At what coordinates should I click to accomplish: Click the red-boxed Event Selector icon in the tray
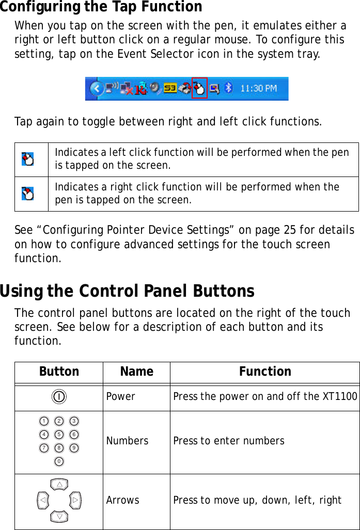click(199, 88)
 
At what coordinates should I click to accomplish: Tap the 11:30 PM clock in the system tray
click(259, 89)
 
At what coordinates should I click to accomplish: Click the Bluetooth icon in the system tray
click(230, 89)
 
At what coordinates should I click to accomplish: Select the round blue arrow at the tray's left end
click(95, 89)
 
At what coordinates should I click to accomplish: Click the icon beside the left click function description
click(28, 159)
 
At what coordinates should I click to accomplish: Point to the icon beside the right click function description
click(28, 194)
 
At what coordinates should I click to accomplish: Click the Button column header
click(59, 372)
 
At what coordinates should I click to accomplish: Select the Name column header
click(136, 372)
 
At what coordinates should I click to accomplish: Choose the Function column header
click(265, 372)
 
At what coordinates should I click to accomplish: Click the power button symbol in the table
click(59, 397)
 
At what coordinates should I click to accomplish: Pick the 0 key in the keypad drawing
click(59, 461)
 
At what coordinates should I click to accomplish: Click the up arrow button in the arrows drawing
click(60, 485)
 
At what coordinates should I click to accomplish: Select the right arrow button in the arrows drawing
click(75, 500)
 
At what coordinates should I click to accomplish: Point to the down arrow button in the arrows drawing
click(60, 516)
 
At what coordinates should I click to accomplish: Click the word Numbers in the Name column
click(127, 441)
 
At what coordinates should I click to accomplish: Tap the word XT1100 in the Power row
click(340, 397)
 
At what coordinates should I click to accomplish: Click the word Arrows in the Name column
click(123, 500)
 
